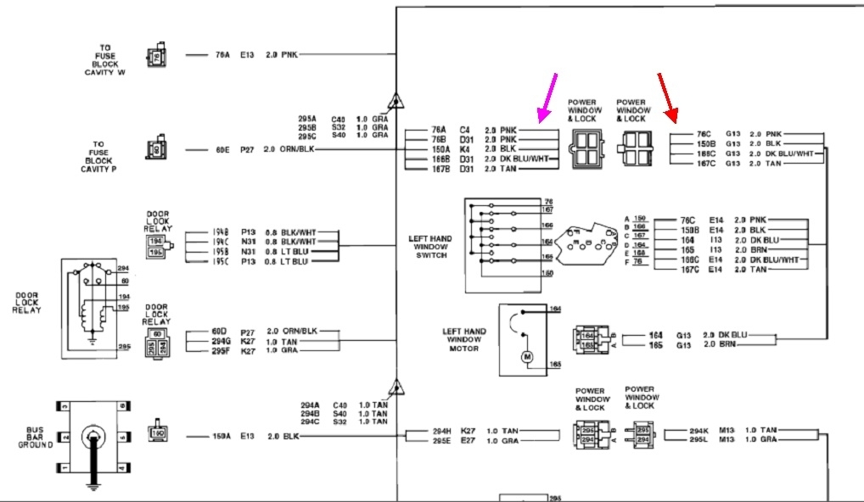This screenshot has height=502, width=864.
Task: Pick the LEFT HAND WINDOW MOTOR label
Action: (463, 339)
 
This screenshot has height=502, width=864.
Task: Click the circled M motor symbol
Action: (527, 356)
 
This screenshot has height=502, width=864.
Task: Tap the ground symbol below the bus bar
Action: (93, 487)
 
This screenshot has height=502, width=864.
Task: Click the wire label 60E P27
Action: (234, 148)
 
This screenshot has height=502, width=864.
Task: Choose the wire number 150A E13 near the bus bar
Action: (234, 437)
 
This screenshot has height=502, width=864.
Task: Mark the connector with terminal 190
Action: (158, 432)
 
